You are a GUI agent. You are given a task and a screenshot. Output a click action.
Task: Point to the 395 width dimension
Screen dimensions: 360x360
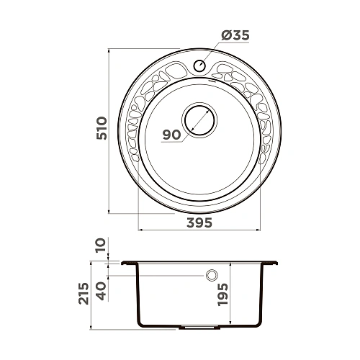tap(197, 222)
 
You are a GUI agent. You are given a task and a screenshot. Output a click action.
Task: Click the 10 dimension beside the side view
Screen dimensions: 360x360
tap(101, 248)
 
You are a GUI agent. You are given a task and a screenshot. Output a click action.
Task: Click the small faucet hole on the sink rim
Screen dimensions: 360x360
tap(199, 66)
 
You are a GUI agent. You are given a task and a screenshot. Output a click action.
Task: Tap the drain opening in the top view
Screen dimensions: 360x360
tap(199, 120)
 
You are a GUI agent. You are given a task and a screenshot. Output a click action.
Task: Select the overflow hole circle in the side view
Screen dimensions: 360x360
tap(212, 275)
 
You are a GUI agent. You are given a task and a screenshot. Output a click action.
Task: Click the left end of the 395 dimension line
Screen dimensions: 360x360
tap(138, 230)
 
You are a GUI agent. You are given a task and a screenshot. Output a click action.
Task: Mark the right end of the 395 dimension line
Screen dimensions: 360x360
tap(256, 230)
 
